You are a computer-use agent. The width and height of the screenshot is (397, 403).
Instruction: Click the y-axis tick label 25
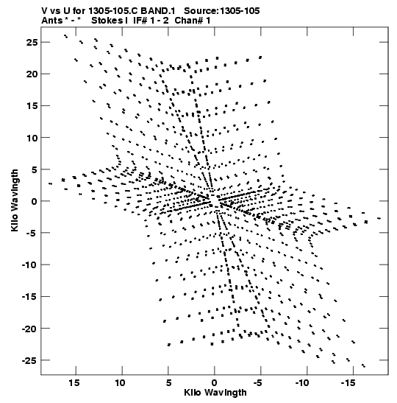[x=32, y=43]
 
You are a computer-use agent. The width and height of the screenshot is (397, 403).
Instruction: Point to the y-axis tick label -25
[x=29, y=360]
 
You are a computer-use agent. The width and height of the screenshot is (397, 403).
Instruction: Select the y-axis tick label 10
[x=32, y=138]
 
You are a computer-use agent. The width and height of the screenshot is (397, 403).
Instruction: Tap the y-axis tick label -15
[x=29, y=297]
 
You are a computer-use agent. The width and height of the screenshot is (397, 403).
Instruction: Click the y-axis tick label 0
[x=35, y=201]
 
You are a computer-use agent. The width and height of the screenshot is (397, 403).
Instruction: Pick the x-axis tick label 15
[x=74, y=383]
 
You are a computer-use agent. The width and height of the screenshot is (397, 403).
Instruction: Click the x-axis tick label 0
[x=215, y=383]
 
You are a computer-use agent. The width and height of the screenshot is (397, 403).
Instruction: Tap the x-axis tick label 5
[x=168, y=383]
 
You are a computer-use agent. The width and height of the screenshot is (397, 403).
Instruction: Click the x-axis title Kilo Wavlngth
[x=215, y=393]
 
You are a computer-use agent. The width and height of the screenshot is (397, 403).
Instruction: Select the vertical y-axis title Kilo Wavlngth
[x=15, y=200]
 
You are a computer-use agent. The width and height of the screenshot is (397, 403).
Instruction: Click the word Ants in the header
[x=51, y=21]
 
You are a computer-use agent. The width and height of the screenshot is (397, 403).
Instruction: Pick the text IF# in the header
[x=140, y=21]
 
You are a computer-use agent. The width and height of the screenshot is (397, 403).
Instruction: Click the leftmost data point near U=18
[x=50, y=183]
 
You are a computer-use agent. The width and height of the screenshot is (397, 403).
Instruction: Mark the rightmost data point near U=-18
[x=379, y=219]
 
